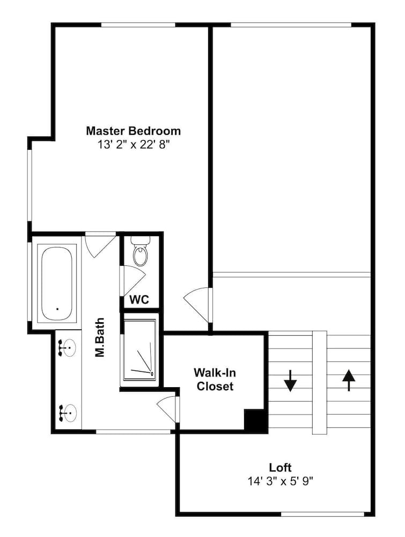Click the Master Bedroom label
coord(134,131)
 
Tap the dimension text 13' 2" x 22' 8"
coord(134,145)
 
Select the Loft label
coord(280,468)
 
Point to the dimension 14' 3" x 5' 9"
coord(281,482)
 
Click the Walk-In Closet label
coord(215,380)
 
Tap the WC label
coord(139,300)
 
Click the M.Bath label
coord(100,338)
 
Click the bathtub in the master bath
coord(57,282)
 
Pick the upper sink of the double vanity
coord(68,349)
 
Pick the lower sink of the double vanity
coord(68,412)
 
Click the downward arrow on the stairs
coord(290,381)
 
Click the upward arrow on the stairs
coord(349,380)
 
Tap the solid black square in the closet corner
coord(254,419)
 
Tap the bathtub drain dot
coord(57,309)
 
